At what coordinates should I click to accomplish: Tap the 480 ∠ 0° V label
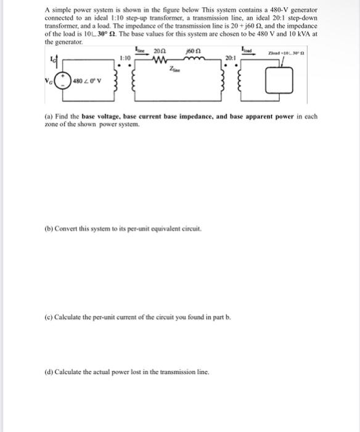pos(86,81)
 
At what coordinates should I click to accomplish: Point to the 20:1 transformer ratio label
pos(229,59)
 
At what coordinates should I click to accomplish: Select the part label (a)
pos(49,116)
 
